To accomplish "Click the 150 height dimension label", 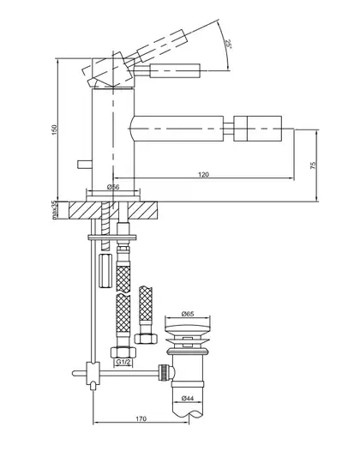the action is tap(55, 129).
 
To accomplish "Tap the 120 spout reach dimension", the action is tap(204, 174).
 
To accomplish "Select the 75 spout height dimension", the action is tap(313, 165).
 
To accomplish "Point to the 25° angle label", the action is tap(228, 44).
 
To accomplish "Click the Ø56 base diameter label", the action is tap(113, 187).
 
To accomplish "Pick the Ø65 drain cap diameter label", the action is tap(188, 314).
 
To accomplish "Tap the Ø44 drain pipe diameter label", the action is tap(188, 399).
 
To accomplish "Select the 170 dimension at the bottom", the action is tap(141, 418).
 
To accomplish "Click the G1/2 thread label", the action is tap(123, 363).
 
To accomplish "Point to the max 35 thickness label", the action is tap(54, 210).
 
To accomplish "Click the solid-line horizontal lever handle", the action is tap(167, 70).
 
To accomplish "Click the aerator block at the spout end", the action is tap(257, 129).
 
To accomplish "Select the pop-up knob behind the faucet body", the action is tap(85, 165).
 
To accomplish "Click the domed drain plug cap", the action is tap(188, 330).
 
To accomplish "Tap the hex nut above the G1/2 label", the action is tap(123, 352).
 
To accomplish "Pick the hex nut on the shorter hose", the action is tap(147, 338).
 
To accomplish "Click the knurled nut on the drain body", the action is tap(165, 372).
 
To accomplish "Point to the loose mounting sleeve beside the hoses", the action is tap(104, 270).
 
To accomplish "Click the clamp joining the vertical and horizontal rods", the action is tap(93, 373).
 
